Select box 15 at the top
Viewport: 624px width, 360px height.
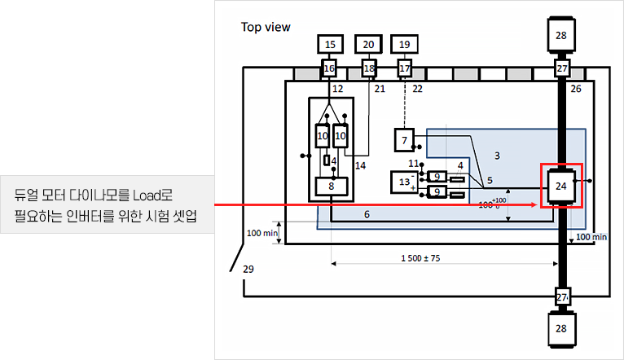point(329,44)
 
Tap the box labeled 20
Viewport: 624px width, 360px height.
point(369,44)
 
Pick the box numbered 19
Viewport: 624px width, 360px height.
point(404,44)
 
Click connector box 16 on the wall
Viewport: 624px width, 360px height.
point(329,69)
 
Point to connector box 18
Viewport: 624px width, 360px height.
point(369,69)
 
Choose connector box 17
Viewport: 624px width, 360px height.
point(404,69)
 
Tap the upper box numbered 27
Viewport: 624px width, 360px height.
point(562,69)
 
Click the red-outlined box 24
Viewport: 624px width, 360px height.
point(561,186)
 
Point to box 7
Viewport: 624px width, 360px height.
point(404,140)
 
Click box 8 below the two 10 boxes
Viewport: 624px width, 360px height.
point(332,187)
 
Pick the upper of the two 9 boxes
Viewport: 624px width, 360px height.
point(437,177)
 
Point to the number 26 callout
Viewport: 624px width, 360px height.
point(576,88)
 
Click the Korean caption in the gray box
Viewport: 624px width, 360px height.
point(106,204)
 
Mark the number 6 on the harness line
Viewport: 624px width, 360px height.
point(367,214)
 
